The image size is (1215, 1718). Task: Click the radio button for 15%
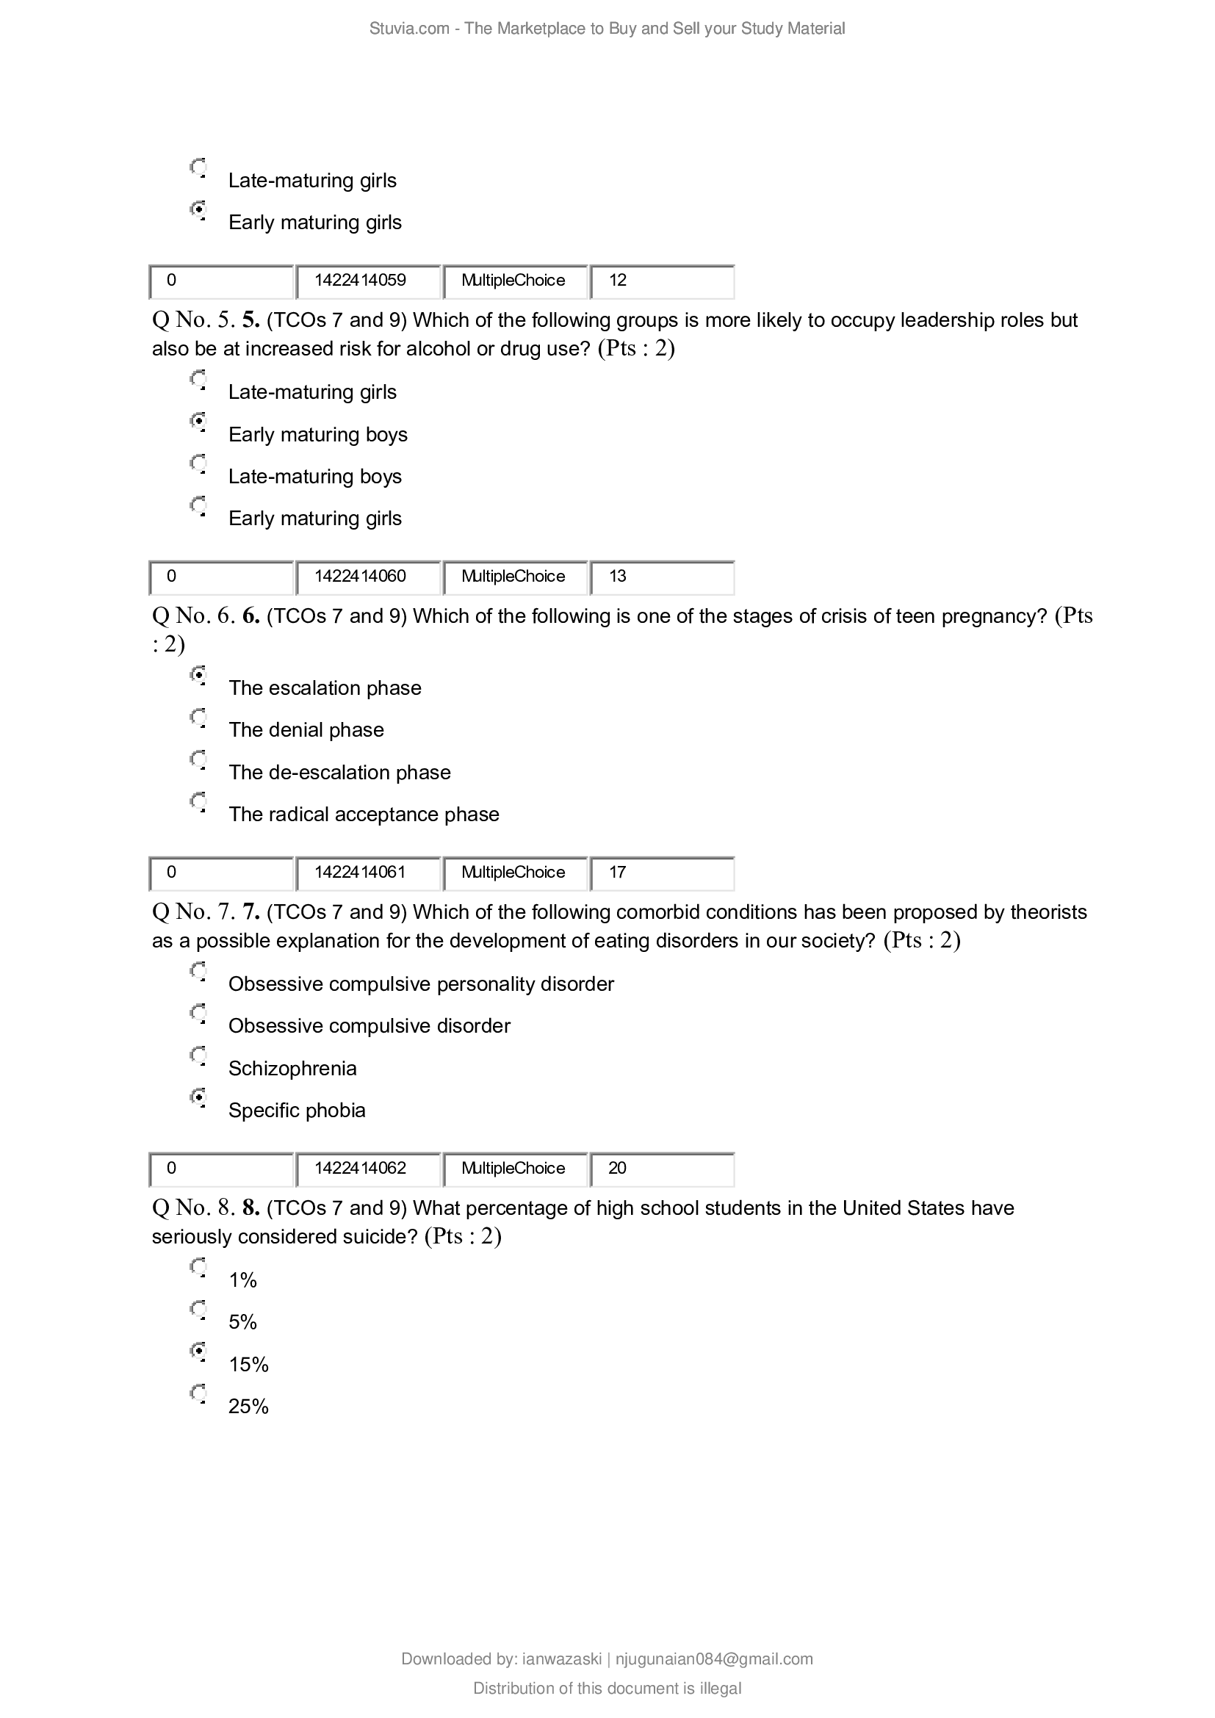(x=198, y=1351)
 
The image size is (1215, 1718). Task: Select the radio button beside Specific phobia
(x=198, y=1097)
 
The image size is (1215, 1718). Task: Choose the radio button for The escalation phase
(x=198, y=674)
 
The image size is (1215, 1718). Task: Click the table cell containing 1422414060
(x=367, y=576)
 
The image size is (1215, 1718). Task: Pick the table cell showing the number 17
(x=661, y=873)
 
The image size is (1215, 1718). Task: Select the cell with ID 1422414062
(x=367, y=1168)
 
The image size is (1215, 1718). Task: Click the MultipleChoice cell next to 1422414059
(x=514, y=281)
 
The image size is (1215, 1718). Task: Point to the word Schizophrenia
(x=292, y=1068)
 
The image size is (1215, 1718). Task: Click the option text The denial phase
(x=306, y=729)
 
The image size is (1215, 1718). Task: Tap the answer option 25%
(x=248, y=1407)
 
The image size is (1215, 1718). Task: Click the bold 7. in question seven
(x=250, y=912)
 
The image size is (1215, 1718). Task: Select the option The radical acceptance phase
(x=364, y=814)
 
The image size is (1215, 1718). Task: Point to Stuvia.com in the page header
(x=408, y=29)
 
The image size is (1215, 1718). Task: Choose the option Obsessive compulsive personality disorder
(x=420, y=984)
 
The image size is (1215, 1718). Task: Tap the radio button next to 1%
(x=198, y=1266)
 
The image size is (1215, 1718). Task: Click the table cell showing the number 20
(x=661, y=1168)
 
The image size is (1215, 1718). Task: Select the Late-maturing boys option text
(x=315, y=477)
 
